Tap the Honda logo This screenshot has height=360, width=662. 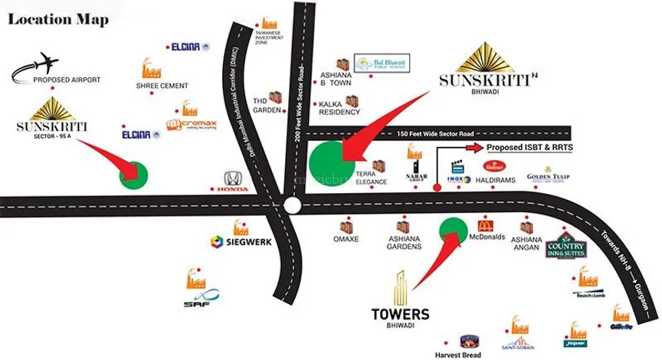(231, 181)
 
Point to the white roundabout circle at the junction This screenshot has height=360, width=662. (291, 205)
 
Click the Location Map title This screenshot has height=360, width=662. (57, 18)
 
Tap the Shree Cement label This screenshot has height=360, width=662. (162, 87)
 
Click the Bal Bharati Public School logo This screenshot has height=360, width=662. (382, 63)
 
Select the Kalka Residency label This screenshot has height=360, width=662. (339, 112)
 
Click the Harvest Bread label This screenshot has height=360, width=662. (469, 354)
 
